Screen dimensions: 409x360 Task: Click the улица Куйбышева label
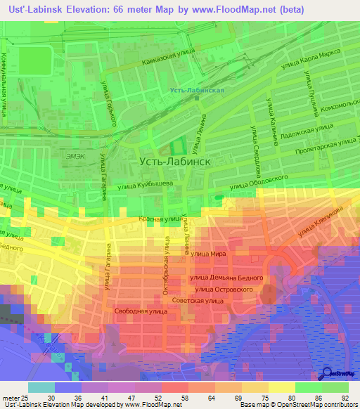point(139,186)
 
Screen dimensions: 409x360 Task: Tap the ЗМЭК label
point(74,155)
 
